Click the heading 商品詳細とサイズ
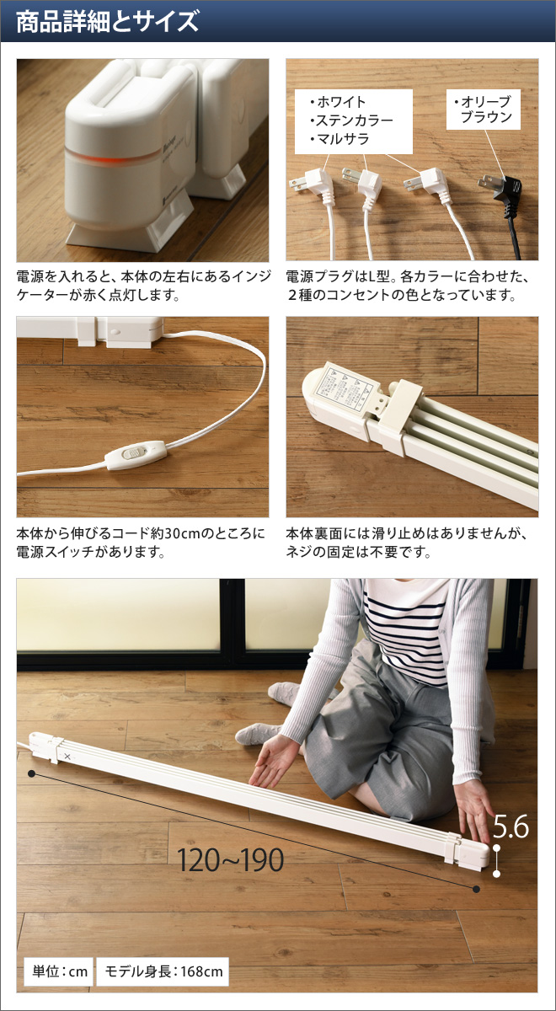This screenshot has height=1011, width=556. pyautogui.click(x=107, y=21)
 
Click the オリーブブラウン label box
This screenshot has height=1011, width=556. pyautogui.click(x=486, y=110)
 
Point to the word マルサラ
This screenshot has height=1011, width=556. pyautogui.click(x=340, y=139)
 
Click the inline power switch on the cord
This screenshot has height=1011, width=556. pyautogui.click(x=129, y=456)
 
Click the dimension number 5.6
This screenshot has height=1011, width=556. pyautogui.click(x=511, y=826)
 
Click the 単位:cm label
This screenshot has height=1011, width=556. pyautogui.click(x=56, y=972)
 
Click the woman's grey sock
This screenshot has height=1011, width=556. pyautogui.click(x=256, y=734)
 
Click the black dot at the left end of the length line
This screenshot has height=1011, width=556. pyautogui.click(x=31, y=773)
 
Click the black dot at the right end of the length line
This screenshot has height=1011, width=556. pyautogui.click(x=477, y=888)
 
